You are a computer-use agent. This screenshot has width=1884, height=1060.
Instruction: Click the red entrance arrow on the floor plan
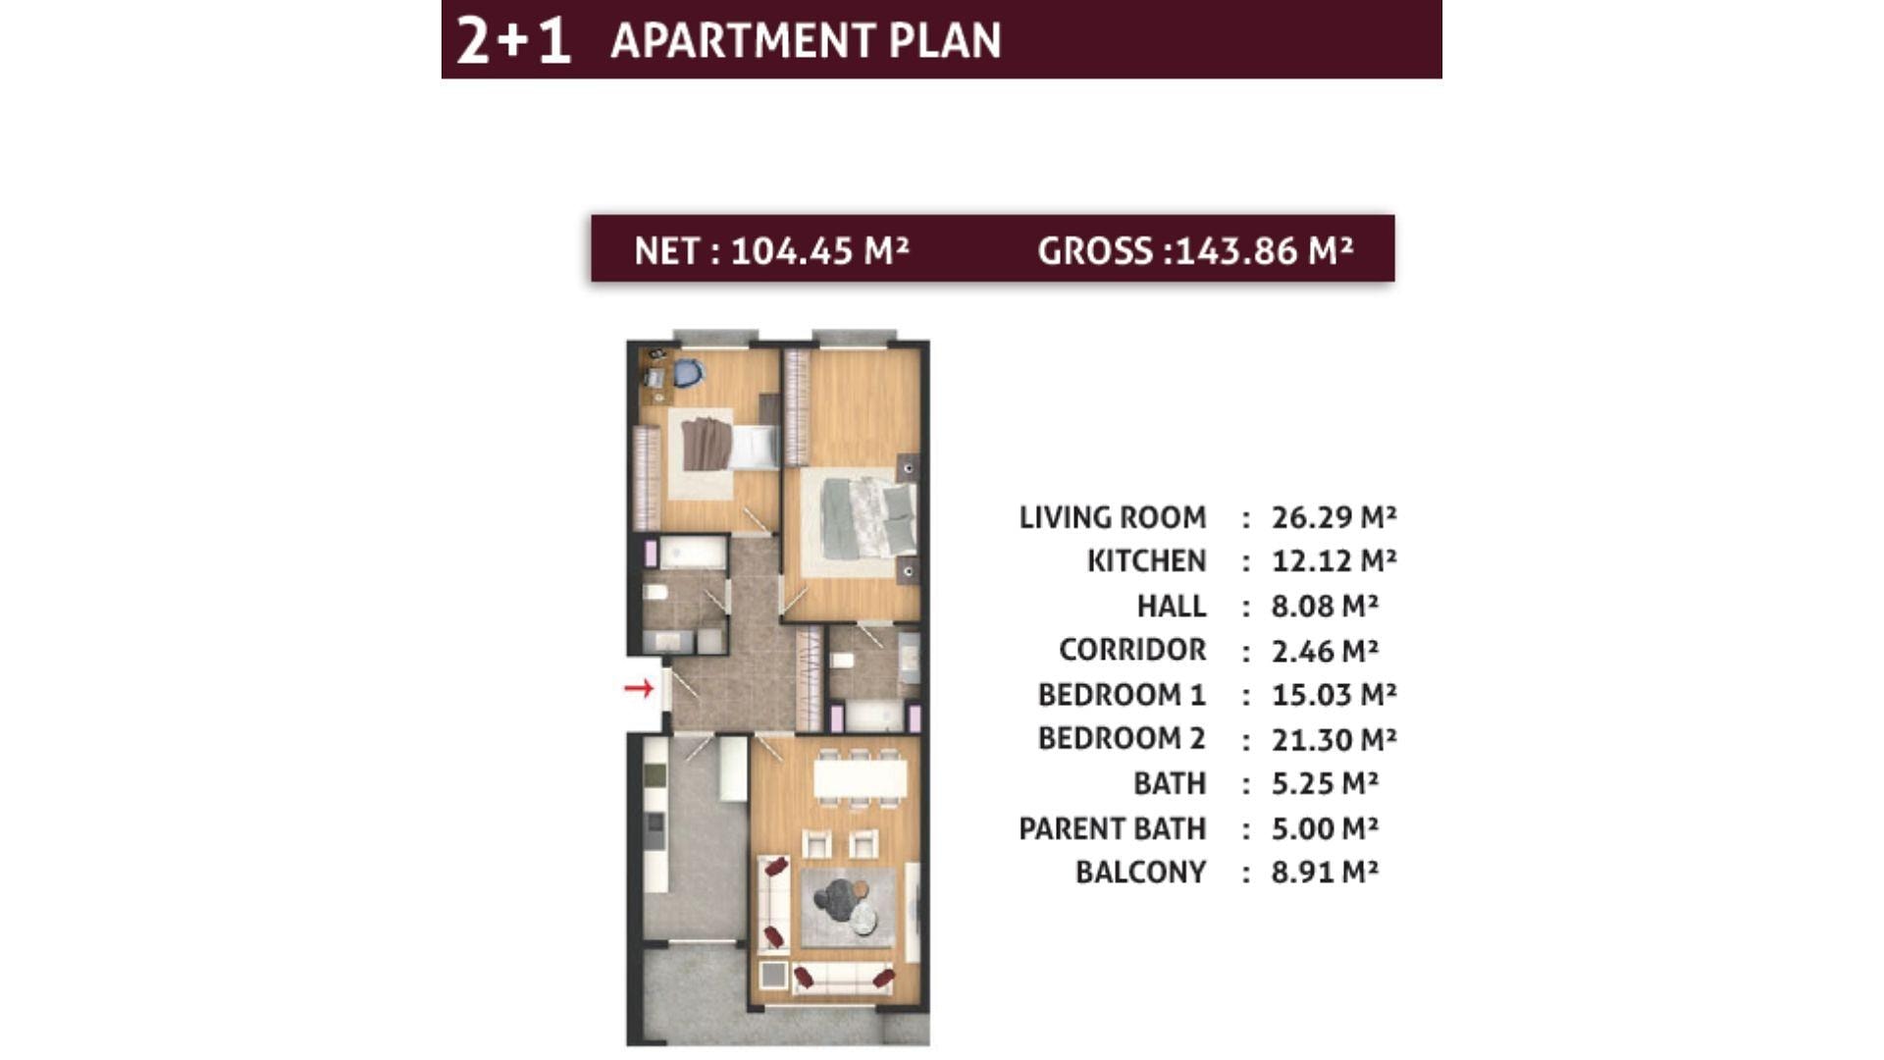coord(639,688)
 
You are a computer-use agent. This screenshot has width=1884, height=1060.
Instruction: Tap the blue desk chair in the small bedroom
coord(688,373)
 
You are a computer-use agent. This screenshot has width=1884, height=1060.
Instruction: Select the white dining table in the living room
coord(861,779)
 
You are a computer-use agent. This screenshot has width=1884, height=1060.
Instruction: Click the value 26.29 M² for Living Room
coord(1334,516)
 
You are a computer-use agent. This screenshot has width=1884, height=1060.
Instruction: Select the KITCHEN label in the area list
coord(1146,560)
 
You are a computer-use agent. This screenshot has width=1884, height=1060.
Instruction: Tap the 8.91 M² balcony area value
coord(1325,872)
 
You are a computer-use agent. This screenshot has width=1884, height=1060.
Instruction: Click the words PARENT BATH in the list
coord(1112,828)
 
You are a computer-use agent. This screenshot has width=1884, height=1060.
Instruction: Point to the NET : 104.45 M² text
coord(771,250)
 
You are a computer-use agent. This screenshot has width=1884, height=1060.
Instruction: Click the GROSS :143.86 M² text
coord(1195,250)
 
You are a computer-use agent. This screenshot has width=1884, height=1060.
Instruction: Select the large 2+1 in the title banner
coord(513,40)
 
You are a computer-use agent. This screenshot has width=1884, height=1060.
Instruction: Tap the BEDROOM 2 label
coord(1122,738)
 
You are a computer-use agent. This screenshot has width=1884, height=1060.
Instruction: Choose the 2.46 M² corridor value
coord(1325,650)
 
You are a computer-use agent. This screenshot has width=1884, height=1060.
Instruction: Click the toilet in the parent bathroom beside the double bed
coord(843,660)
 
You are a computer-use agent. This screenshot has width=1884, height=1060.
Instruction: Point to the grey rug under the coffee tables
coord(848,907)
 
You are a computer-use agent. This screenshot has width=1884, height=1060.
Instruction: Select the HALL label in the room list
coord(1172,606)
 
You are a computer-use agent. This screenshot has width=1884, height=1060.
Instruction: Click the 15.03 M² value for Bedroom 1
coord(1334,694)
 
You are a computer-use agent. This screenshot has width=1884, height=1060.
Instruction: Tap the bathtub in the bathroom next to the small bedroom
coord(693,553)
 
